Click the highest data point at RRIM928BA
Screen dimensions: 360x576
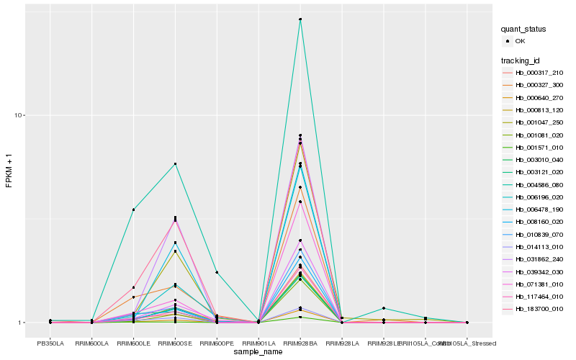coord(300,19)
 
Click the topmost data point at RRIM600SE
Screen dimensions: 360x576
coord(175,164)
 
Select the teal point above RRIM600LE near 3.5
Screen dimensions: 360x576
coord(133,210)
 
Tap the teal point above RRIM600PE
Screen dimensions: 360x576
coord(217,272)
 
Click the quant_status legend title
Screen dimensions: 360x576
coord(523,30)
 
